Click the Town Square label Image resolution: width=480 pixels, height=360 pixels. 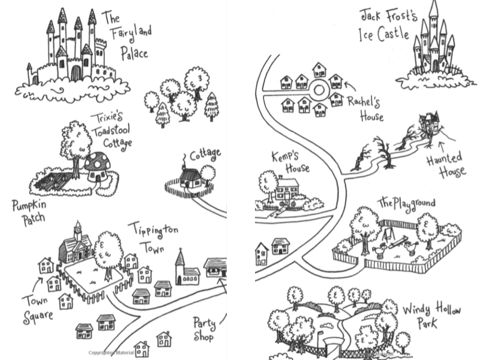point(36,307)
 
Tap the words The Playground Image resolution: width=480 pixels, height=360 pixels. point(406,203)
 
